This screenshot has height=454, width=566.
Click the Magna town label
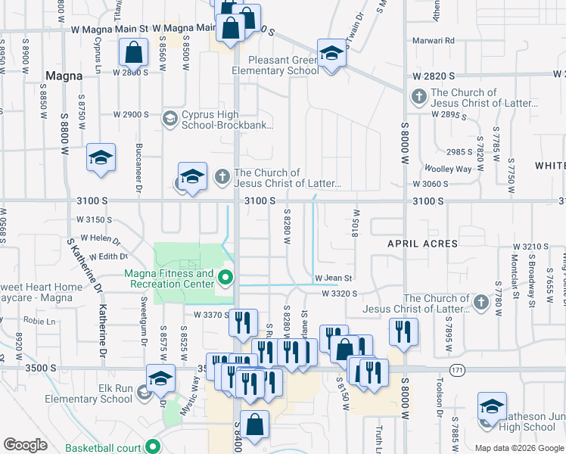64,76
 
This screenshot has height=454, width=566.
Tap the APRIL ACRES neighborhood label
422,244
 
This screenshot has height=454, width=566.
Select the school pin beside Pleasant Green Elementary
331,54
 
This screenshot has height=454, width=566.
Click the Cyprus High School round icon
170,119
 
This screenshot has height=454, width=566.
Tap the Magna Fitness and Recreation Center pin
225,278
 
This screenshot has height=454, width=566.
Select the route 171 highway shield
456,370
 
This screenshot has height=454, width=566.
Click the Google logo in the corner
25,445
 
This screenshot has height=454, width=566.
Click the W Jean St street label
334,278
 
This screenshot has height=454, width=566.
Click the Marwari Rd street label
434,40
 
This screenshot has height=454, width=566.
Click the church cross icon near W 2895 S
418,98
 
